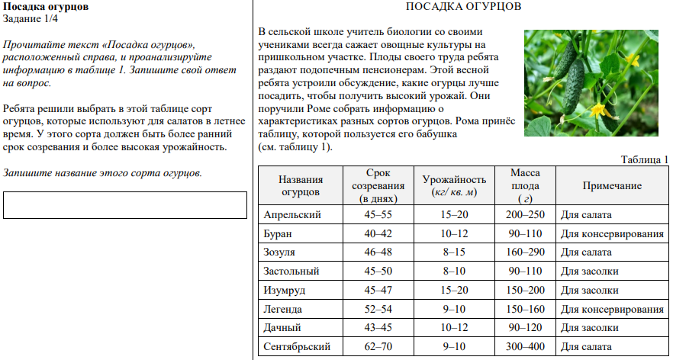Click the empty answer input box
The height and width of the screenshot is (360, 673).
[125, 205]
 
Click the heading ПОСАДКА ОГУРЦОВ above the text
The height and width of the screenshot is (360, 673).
[463, 7]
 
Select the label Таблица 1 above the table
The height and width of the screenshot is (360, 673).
[645, 159]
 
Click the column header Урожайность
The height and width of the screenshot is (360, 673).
[455, 185]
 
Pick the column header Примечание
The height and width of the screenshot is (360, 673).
[612, 185]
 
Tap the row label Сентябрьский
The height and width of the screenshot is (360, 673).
[297, 347]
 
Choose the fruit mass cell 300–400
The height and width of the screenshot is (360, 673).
[525, 347]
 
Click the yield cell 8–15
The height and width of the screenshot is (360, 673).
[455, 252]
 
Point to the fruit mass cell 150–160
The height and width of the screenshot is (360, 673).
[525, 309]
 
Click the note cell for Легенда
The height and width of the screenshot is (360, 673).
[612, 309]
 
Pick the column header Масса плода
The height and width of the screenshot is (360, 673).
[525, 185]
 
